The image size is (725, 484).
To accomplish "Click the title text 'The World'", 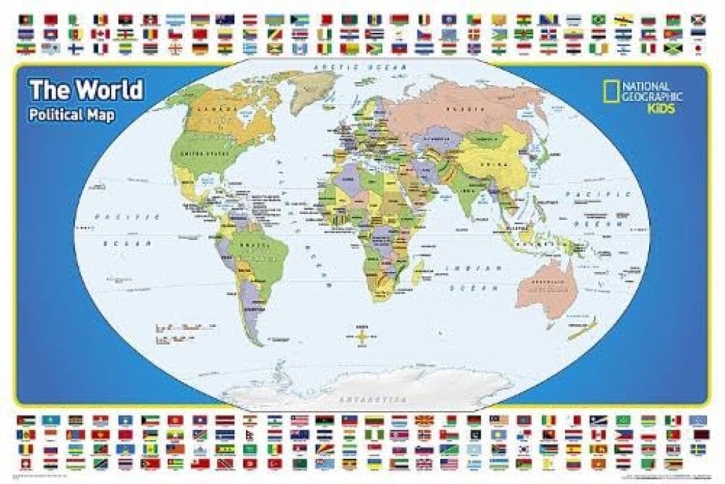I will pyautogui.click(x=87, y=90).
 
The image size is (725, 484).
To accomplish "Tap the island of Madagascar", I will pyautogui.click(x=417, y=276).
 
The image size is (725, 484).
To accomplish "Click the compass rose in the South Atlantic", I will pyautogui.click(x=361, y=334).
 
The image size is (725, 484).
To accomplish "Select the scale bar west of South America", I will pyautogui.click(x=182, y=327).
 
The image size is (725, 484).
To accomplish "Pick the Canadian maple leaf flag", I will pyautogui.click(x=100, y=34).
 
